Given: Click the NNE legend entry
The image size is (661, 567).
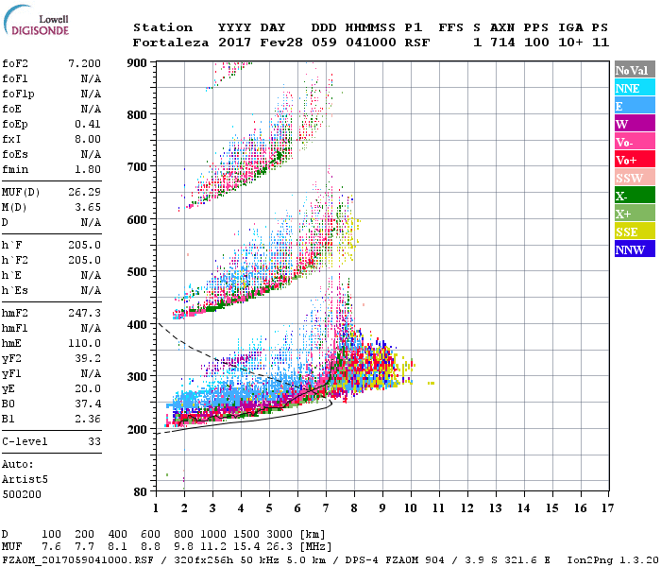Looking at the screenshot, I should point(628,88).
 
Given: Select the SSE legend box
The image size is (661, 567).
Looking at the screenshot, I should point(628,232).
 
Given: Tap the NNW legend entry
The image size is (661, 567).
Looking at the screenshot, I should point(630,249).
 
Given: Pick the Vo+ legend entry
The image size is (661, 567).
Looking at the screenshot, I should point(627,160).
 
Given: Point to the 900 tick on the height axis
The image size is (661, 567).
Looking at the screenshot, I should point(139,62).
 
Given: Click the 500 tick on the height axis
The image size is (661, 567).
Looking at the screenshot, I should point(139,272).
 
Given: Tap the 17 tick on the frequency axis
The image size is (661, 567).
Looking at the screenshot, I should point(605,508).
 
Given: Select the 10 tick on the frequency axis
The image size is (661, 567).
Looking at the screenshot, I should point(410,508).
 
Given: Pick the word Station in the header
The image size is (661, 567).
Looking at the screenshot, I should point(162,27).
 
